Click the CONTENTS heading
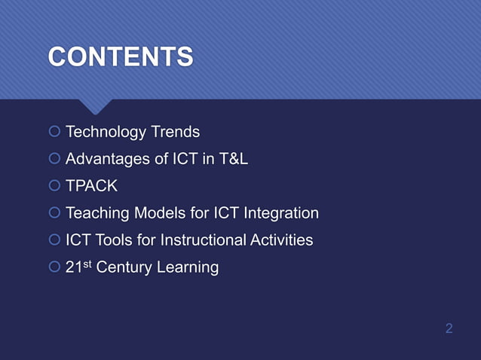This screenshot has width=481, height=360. click(121, 57)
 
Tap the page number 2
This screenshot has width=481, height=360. click(449, 328)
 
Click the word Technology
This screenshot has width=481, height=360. click(106, 133)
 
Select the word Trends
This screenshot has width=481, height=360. click(175, 133)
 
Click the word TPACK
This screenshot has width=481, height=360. click(91, 186)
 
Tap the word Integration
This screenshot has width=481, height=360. click(282, 213)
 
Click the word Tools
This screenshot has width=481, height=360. click(117, 240)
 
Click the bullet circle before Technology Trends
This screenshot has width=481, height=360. click(54, 133)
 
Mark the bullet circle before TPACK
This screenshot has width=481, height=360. click(54, 187)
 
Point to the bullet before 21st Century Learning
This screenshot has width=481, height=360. click(54, 267)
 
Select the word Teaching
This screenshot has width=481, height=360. click(97, 213)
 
